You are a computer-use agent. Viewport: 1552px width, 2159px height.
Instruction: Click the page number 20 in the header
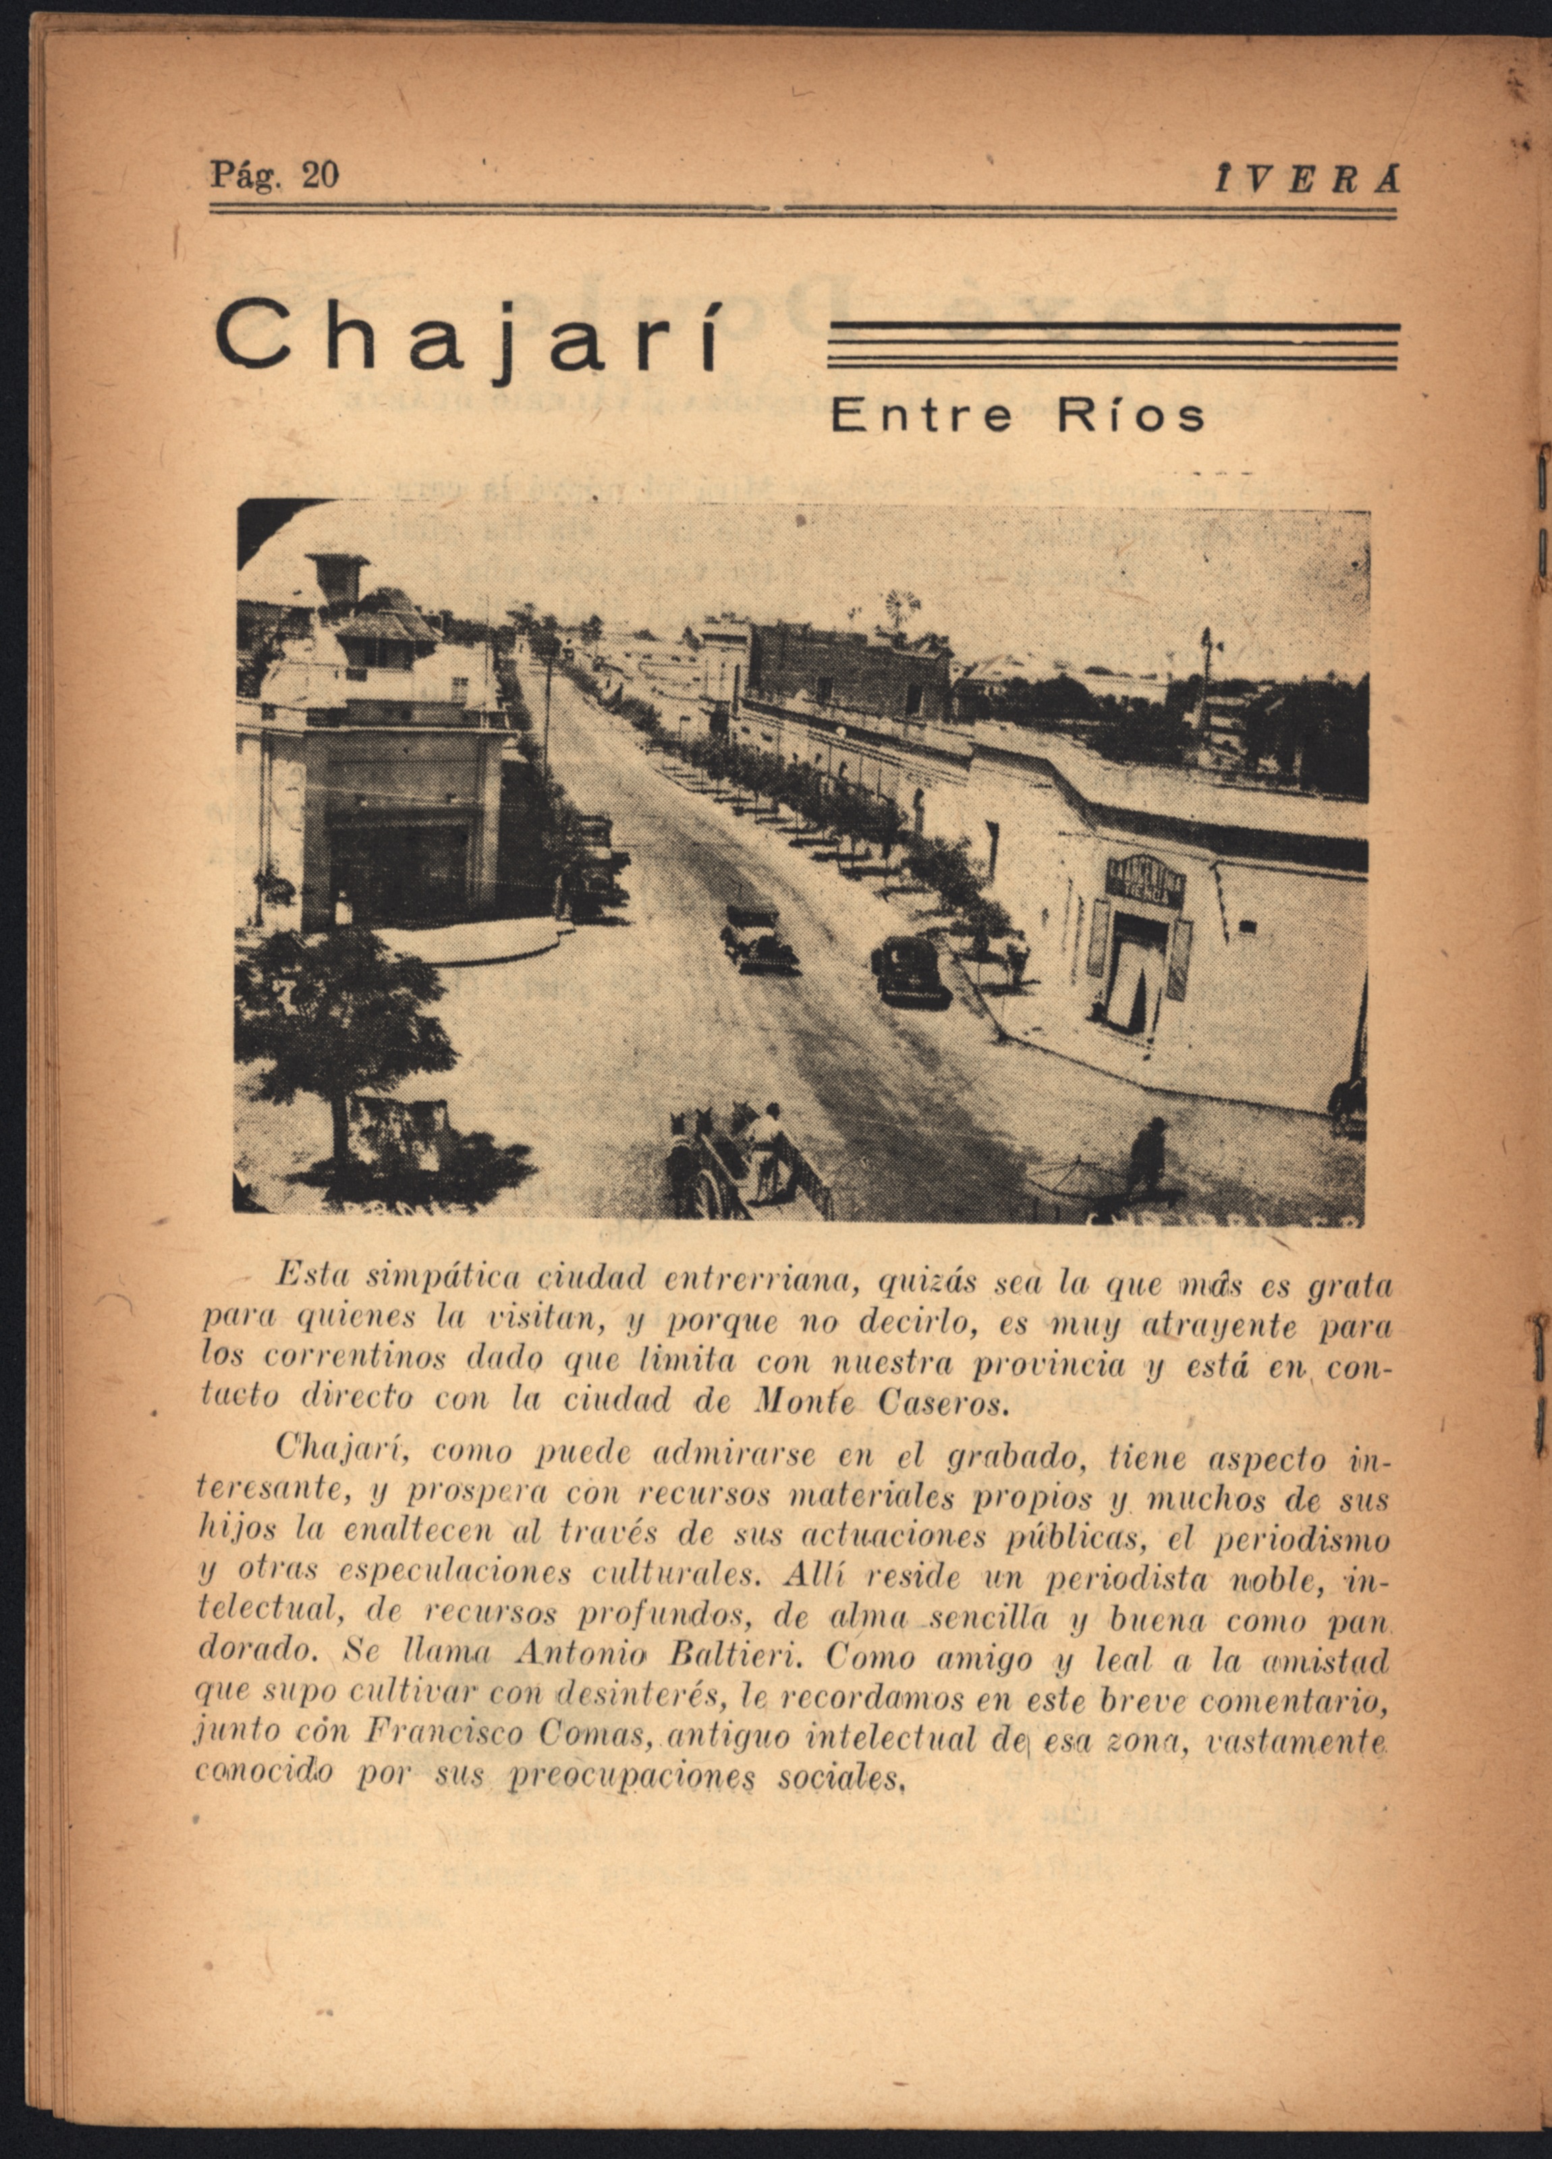[x=319, y=175]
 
